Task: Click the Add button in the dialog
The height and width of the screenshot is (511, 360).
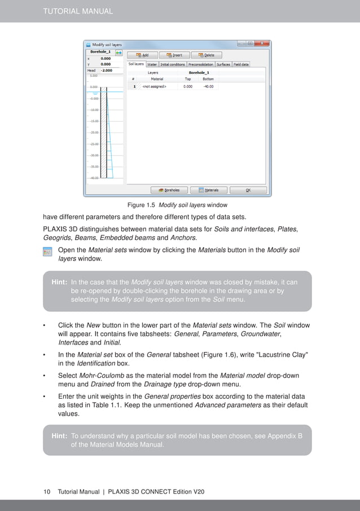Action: pos(142,55)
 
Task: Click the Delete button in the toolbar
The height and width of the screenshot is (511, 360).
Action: pos(206,55)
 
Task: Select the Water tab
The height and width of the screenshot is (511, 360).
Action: pos(152,65)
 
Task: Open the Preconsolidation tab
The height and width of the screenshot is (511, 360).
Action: pos(200,65)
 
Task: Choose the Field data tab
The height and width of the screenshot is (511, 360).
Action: pos(241,65)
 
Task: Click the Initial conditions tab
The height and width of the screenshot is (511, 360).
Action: pos(173,65)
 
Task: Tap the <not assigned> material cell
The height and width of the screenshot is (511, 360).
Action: pos(154,87)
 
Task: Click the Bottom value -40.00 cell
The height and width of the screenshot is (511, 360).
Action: pos(208,87)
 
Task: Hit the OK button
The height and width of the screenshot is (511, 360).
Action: pos(248,190)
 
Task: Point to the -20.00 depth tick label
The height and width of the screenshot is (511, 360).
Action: pos(94,133)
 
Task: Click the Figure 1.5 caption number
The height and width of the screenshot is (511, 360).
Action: pos(144,205)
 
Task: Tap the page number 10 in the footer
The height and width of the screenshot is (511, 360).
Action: pos(47,492)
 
